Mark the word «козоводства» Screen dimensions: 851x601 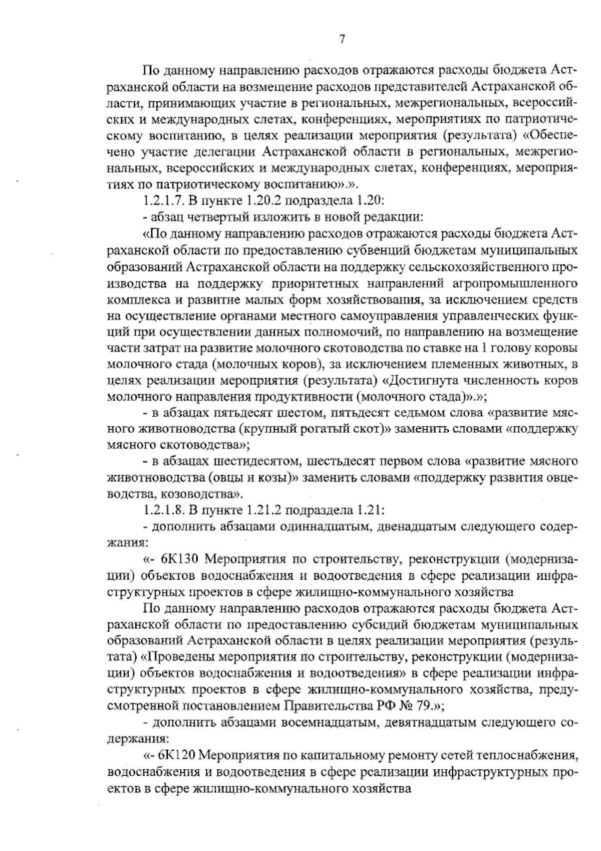click(x=205, y=494)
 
